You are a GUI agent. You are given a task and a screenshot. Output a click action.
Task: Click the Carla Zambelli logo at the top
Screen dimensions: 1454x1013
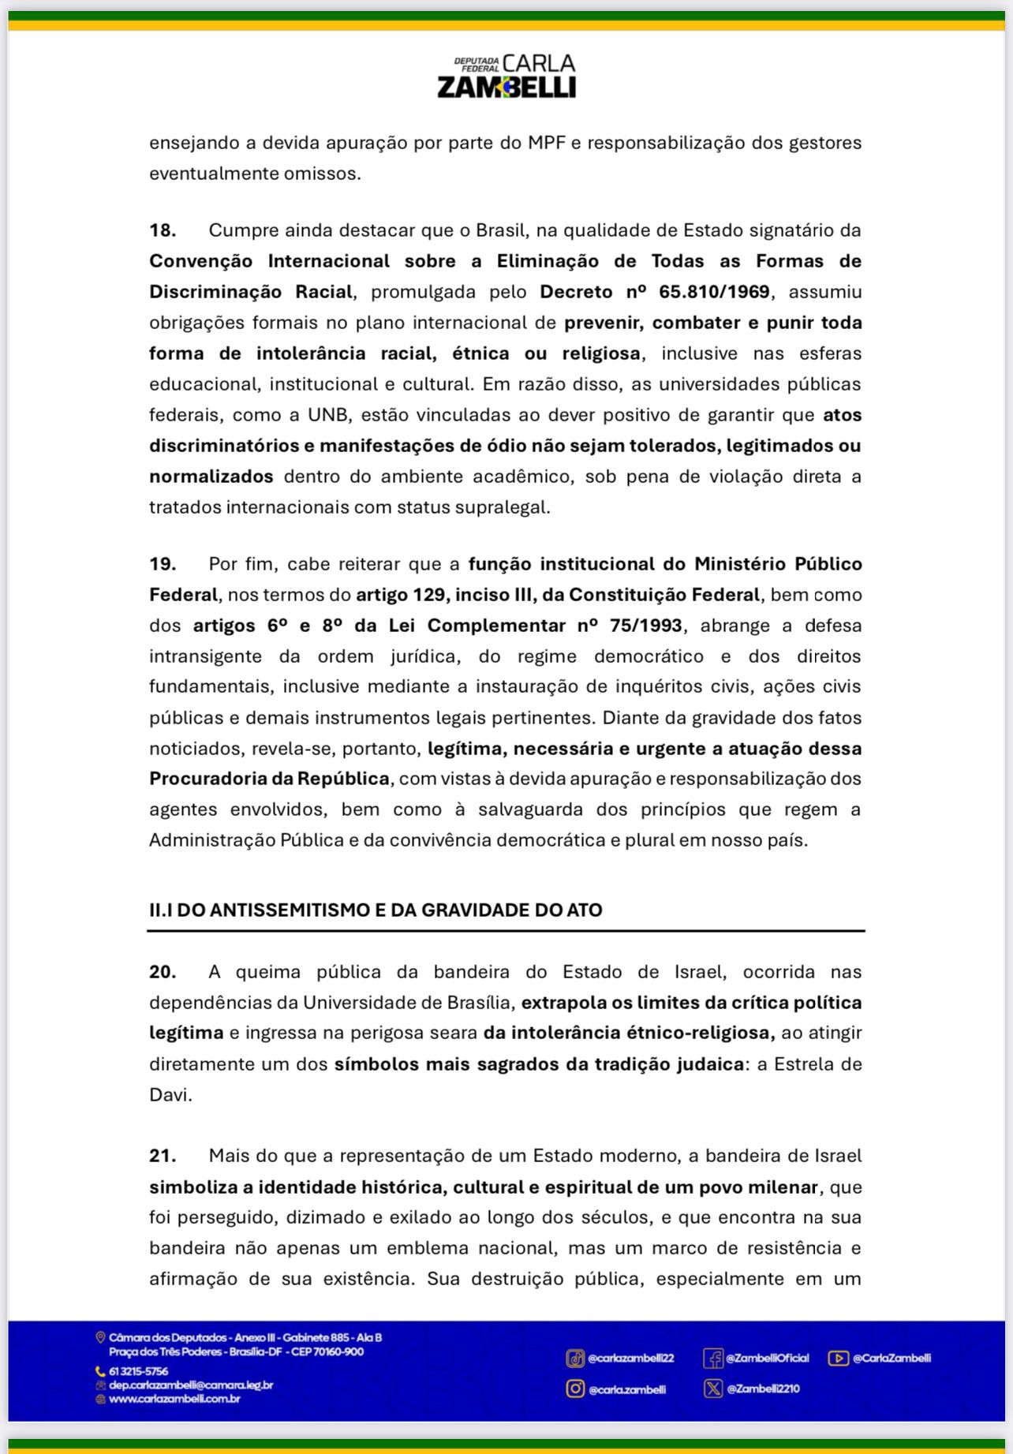tap(506, 77)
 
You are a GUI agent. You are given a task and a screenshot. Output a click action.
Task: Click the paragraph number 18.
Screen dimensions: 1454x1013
tap(162, 230)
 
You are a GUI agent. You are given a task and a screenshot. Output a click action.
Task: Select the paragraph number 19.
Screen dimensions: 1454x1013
tap(162, 564)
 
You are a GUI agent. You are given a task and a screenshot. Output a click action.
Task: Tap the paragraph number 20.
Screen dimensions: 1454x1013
tap(162, 972)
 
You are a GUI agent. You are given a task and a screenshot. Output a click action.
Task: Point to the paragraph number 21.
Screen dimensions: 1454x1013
tap(162, 1156)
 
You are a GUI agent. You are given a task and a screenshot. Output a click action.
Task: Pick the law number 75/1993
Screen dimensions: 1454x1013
tap(646, 626)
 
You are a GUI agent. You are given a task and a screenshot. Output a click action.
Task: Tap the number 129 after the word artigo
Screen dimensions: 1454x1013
tap(429, 595)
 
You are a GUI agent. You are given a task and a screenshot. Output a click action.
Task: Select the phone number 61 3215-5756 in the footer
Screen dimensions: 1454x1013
tap(138, 1371)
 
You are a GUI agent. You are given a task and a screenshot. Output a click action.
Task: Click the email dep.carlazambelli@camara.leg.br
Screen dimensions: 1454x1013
tap(191, 1385)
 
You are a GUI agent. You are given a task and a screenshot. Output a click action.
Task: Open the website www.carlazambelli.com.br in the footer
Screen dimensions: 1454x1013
tap(174, 1399)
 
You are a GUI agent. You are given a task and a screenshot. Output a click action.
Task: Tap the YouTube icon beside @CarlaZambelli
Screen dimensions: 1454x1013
tap(838, 1358)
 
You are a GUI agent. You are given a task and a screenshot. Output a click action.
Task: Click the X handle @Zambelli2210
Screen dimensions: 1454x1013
tap(763, 1389)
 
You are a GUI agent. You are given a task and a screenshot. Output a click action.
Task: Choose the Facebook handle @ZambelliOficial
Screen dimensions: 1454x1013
tap(767, 1358)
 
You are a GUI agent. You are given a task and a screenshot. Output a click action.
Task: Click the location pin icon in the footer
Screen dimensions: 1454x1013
tap(100, 1337)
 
